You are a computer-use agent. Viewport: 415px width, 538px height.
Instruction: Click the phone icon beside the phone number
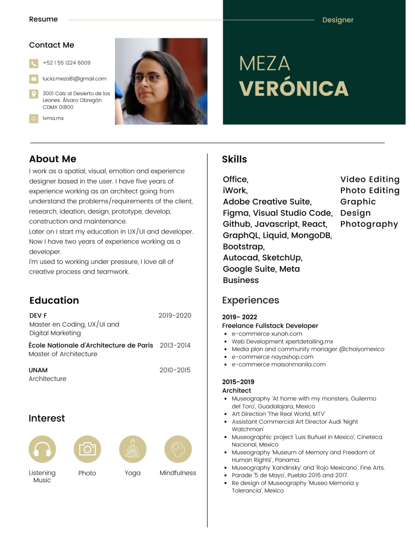[x=34, y=64]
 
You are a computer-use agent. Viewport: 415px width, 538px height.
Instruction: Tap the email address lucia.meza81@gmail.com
[x=75, y=79]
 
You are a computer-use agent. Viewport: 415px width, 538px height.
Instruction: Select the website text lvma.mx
[x=53, y=118]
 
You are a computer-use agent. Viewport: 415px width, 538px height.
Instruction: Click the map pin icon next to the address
[x=34, y=94]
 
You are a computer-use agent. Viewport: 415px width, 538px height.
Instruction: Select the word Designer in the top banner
[x=338, y=20]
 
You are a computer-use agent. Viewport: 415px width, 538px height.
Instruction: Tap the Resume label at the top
[x=44, y=19]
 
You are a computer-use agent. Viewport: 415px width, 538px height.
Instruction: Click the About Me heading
[x=53, y=159]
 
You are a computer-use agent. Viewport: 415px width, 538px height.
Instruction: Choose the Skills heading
[x=234, y=159]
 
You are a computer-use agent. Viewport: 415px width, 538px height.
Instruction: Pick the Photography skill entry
[x=369, y=224]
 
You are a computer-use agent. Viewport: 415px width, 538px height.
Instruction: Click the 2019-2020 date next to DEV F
[x=175, y=316]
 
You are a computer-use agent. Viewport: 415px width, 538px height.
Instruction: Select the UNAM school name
[x=38, y=370]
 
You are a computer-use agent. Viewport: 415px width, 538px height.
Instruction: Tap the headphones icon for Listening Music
[x=42, y=449]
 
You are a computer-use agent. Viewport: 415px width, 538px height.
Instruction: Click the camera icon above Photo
[x=87, y=449]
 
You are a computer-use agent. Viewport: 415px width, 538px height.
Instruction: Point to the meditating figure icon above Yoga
[x=132, y=449]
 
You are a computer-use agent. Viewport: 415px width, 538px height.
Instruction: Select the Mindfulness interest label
[x=178, y=473]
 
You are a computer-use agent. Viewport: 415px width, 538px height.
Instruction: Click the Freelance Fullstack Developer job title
[x=270, y=326]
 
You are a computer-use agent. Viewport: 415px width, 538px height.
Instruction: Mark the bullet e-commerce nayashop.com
[x=272, y=357]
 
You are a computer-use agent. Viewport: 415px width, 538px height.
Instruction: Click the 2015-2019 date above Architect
[x=238, y=382]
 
